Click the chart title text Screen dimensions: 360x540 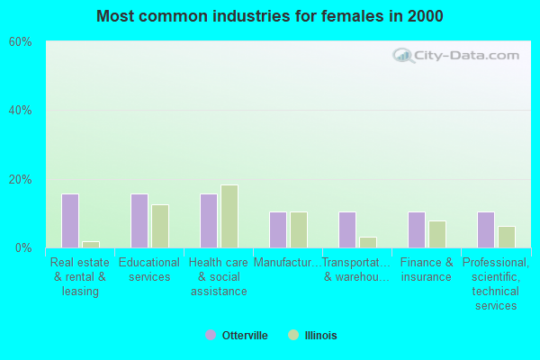pyautogui.click(x=270, y=16)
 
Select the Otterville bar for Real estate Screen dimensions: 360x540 pyautogui.click(x=70, y=220)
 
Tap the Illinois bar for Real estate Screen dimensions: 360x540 pyautogui.click(x=91, y=244)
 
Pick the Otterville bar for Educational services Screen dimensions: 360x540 pyautogui.click(x=139, y=220)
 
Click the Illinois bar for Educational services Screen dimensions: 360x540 pyautogui.click(x=160, y=226)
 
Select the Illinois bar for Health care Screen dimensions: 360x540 pyautogui.click(x=229, y=216)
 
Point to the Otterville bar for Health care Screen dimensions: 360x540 pyautogui.click(x=209, y=220)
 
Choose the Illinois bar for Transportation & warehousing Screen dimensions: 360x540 pyautogui.click(x=368, y=242)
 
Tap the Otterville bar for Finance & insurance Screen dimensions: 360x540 pyautogui.click(x=417, y=229)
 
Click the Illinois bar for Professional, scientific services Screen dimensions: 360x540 pyautogui.click(x=507, y=237)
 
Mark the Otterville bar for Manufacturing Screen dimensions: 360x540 pyautogui.click(x=278, y=229)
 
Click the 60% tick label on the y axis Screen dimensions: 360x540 pyautogui.click(x=20, y=42)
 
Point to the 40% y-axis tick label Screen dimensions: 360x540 pyautogui.click(x=20, y=111)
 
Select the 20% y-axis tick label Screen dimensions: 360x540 pyautogui.click(x=20, y=179)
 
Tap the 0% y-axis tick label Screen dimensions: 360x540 pyautogui.click(x=22, y=247)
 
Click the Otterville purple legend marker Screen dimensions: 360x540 pyautogui.click(x=211, y=336)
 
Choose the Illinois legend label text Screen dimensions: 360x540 pyautogui.click(x=319, y=336)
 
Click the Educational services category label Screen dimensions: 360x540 pyautogui.click(x=149, y=270)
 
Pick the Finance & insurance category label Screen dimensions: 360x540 pyautogui.click(x=427, y=270)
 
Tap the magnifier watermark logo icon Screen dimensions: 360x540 pyautogui.click(x=402, y=55)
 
